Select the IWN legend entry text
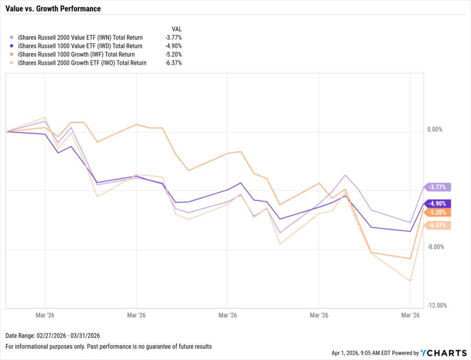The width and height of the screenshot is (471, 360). point(80,37)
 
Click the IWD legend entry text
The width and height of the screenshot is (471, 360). point(80,46)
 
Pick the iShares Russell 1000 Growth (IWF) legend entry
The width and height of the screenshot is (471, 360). point(76,54)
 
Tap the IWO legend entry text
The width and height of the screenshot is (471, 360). point(82,63)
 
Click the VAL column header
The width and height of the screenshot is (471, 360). point(176,29)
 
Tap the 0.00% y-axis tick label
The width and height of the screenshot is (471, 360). point(435,129)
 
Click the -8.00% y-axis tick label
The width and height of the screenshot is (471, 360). point(435,247)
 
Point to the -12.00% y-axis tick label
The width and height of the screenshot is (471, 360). point(436,306)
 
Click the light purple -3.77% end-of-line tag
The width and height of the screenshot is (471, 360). point(438,187)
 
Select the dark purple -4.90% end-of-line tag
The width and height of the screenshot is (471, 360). point(438,203)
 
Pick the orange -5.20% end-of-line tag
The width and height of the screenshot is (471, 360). point(438,212)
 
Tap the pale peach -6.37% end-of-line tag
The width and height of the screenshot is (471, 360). point(438,225)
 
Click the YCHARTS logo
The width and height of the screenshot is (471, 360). point(443,353)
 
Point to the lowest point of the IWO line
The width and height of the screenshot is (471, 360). point(410,281)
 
